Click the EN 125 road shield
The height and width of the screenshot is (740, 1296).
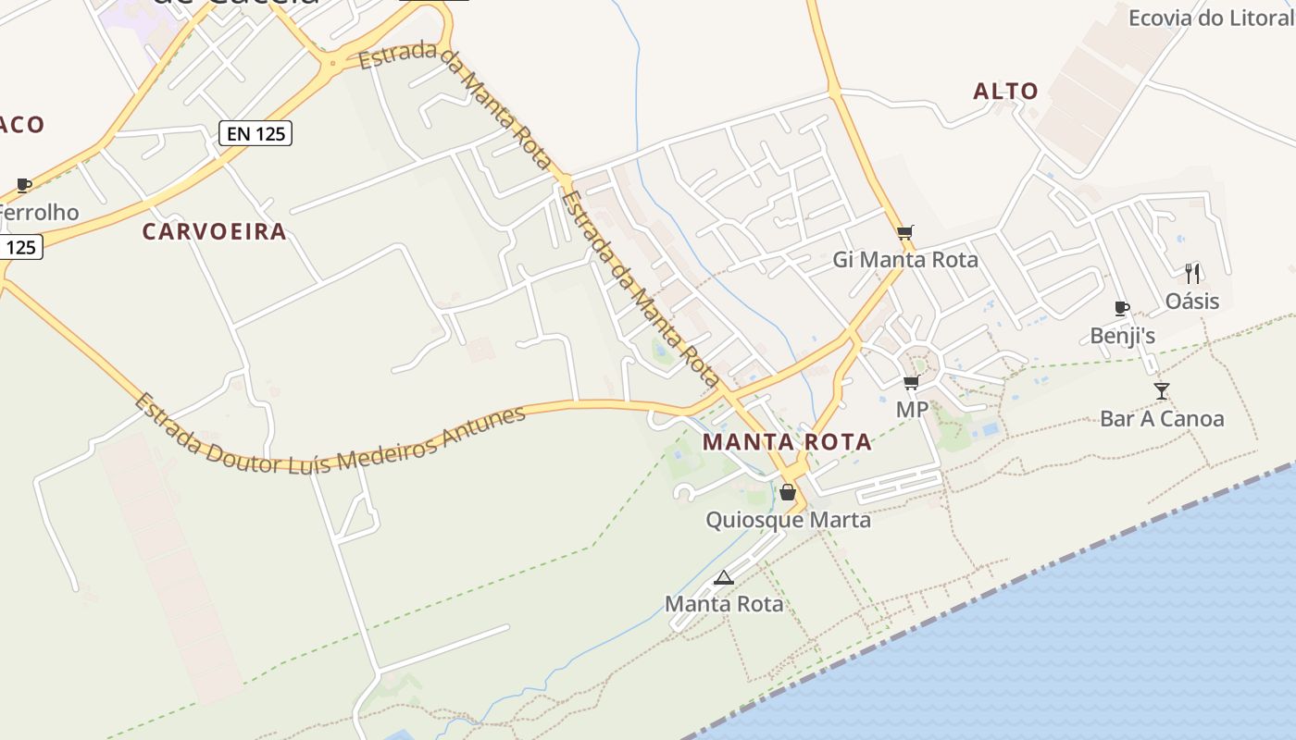tap(256, 134)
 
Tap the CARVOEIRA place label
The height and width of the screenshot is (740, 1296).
tap(214, 232)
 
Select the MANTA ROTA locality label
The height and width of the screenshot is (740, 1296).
tap(787, 442)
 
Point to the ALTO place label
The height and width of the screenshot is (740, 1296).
tap(1005, 92)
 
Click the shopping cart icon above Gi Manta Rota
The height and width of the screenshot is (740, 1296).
tap(904, 232)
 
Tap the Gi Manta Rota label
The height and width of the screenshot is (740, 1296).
tap(904, 260)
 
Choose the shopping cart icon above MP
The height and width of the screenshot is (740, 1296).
tap(911, 382)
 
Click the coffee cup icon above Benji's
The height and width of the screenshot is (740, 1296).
tap(1121, 308)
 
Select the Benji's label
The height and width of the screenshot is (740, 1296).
tap(1122, 336)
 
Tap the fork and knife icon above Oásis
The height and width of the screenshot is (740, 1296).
tap(1192, 274)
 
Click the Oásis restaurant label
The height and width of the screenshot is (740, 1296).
tap(1192, 302)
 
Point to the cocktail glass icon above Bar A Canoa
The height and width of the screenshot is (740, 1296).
tap(1162, 391)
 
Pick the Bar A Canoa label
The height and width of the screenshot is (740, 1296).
tap(1162, 419)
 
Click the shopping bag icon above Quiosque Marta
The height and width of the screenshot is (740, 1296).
tap(788, 492)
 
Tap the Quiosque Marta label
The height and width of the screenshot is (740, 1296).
tap(788, 520)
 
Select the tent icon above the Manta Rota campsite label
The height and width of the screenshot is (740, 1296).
tap(724, 578)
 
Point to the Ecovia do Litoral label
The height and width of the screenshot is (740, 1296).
tap(1211, 18)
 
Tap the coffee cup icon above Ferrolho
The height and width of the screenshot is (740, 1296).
tap(24, 185)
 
